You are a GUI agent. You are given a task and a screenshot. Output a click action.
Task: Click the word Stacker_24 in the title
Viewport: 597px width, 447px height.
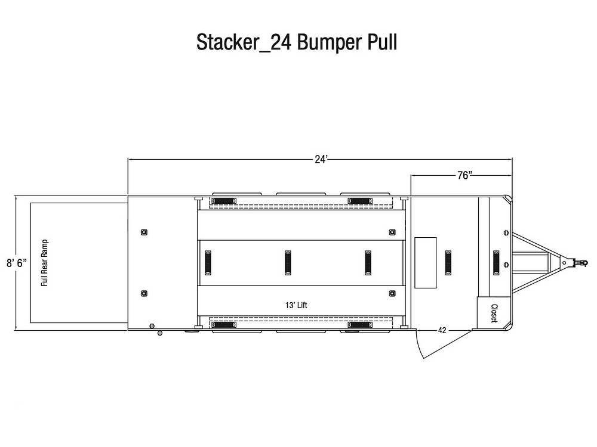(244, 42)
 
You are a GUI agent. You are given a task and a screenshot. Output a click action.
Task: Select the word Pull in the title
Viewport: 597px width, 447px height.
(382, 42)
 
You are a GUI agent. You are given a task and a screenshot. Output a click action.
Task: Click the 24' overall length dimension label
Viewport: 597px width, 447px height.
(321, 159)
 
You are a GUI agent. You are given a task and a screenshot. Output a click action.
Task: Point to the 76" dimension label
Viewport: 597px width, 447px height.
(464, 175)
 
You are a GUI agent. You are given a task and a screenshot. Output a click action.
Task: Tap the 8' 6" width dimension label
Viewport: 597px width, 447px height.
(17, 263)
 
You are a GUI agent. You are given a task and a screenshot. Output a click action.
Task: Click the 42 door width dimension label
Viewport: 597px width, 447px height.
(442, 330)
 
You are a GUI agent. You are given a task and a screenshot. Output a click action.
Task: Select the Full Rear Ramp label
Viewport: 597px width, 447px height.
(45, 263)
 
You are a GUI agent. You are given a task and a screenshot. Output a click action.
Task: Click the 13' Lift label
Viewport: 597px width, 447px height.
(296, 305)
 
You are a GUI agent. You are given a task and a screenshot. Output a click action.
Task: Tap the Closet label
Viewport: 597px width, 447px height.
(494, 313)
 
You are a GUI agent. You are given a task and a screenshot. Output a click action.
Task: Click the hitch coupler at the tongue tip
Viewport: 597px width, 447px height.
(579, 263)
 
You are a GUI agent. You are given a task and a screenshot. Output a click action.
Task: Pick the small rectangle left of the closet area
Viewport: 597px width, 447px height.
(425, 263)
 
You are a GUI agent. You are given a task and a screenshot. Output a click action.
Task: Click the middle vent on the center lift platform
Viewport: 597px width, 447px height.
(288, 263)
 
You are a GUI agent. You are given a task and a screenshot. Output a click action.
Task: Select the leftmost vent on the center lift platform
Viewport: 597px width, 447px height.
(208, 263)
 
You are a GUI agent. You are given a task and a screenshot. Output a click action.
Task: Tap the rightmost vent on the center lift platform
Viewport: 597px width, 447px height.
(368, 263)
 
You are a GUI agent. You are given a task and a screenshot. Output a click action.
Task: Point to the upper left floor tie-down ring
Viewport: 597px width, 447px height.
(144, 232)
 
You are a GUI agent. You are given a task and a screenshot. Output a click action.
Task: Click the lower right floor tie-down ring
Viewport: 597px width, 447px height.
(392, 293)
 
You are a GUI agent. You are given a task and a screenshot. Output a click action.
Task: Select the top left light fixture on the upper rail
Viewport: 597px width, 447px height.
(224, 201)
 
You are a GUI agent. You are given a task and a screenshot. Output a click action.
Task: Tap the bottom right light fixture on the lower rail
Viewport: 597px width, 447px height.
(360, 325)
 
